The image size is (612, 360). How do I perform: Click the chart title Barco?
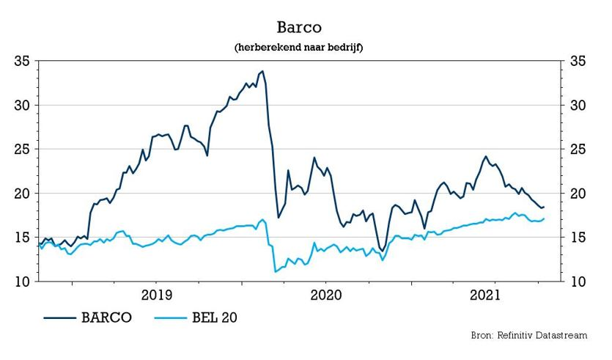tap(300, 27)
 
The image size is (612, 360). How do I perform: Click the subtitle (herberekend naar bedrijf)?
tap(300, 47)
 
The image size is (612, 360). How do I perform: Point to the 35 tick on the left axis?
tap(23, 62)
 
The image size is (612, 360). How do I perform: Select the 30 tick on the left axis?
tap(23, 106)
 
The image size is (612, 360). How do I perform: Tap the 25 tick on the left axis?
tap(23, 150)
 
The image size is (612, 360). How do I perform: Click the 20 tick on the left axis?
tap(23, 194)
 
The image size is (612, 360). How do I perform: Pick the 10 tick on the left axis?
tap(23, 282)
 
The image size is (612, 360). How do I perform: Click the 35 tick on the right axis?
tap(577, 62)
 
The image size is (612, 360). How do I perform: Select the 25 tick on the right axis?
tap(577, 150)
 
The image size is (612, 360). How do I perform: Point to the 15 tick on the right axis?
tap(577, 238)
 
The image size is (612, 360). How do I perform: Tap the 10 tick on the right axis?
tap(577, 282)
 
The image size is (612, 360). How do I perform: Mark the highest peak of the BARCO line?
tap(262, 72)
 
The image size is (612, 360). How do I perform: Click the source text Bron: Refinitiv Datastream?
tap(528, 335)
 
